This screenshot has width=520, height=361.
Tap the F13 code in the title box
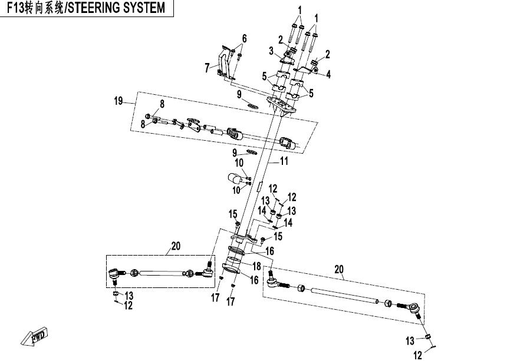click(14, 9)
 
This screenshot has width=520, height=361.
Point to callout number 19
click(119, 101)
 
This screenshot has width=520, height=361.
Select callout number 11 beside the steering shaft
click(284, 160)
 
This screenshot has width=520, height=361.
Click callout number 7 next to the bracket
click(208, 68)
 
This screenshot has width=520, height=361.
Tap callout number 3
click(272, 51)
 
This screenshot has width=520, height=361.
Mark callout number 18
click(256, 267)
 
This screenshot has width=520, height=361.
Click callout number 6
click(243, 39)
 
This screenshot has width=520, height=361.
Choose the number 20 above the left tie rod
click(176, 246)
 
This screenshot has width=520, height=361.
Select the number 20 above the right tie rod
click(338, 269)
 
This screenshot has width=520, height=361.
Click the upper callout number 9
click(239, 94)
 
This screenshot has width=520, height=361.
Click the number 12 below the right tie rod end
click(417, 355)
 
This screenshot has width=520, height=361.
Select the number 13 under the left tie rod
click(128, 296)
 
